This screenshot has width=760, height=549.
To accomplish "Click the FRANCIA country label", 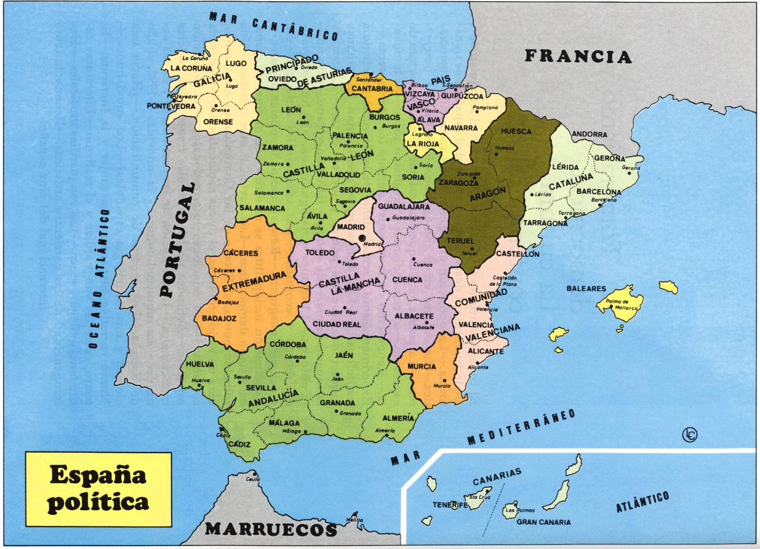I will point(578,56).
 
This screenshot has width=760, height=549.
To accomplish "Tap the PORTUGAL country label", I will point(176,240).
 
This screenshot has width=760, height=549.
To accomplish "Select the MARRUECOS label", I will point(271,529).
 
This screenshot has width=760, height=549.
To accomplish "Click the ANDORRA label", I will point(590,135).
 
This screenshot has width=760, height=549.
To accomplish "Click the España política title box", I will point(98,489).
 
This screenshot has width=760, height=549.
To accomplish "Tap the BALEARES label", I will point(586,289).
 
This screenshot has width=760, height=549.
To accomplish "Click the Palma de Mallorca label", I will point(621,305).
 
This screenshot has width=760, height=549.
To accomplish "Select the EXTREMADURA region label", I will point(254,282).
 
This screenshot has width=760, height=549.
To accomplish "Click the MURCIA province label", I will point(422,367).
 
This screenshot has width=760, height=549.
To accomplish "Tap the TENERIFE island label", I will point(450,505).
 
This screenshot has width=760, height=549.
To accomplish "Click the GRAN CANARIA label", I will point(543,522).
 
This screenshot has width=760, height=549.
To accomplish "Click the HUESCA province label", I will point(516,132).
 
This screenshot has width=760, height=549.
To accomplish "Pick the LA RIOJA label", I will point(423,144).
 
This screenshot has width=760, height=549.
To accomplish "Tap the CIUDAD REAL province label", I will point(336,324).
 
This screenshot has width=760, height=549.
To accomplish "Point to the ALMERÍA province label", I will point(398,419).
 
